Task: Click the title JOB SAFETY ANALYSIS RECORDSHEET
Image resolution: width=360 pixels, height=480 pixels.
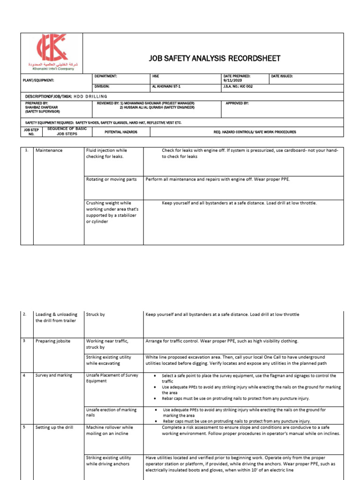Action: click(x=215, y=58)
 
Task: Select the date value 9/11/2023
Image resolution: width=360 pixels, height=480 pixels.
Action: click(x=234, y=80)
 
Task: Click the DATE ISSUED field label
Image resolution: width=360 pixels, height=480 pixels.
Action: click(x=282, y=75)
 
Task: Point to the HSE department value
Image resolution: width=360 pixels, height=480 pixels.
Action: click(x=156, y=75)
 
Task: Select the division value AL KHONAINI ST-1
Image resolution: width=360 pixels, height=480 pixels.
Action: click(x=168, y=87)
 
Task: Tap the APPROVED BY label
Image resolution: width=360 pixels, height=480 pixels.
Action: click(x=237, y=103)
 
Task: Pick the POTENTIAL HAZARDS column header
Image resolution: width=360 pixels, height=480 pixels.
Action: click(x=121, y=132)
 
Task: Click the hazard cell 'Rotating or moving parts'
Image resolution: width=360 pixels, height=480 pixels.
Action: click(x=112, y=179)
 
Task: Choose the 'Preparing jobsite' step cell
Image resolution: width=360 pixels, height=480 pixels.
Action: click(x=53, y=341)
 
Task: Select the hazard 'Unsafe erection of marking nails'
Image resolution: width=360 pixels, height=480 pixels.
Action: click(x=112, y=412)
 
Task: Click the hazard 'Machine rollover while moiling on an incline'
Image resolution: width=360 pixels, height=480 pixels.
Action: click(x=110, y=430)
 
